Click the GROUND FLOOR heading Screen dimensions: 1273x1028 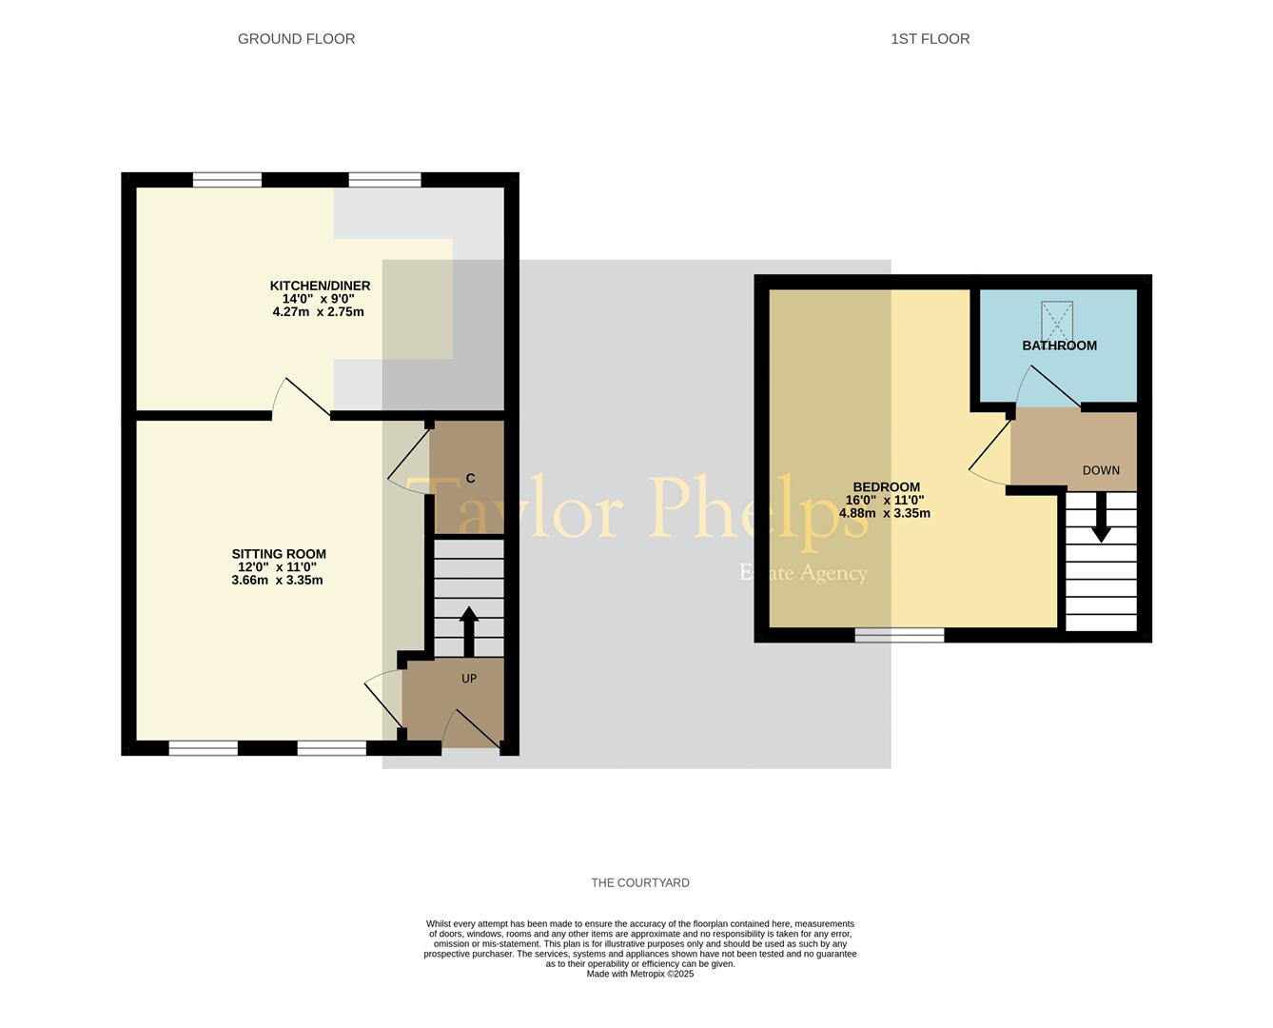(296, 39)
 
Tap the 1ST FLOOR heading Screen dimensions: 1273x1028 (930, 39)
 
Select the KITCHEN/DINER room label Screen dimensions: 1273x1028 (320, 286)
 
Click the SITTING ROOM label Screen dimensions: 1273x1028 (279, 554)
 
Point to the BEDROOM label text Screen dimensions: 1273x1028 (887, 487)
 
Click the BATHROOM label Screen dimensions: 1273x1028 (1059, 346)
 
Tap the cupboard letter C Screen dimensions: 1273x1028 (470, 479)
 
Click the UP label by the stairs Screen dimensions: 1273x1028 (469, 678)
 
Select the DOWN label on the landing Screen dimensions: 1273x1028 (1101, 470)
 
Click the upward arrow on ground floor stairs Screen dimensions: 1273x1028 (469, 631)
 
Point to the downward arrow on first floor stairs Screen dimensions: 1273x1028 (1101, 517)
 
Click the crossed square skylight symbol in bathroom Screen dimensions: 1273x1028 (1057, 321)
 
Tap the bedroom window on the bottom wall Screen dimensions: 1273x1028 (899, 635)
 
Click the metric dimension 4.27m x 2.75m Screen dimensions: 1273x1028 (318, 312)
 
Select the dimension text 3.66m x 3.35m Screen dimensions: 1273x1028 (277, 581)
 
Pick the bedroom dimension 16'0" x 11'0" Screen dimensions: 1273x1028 (885, 501)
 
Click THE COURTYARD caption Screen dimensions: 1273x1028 (640, 882)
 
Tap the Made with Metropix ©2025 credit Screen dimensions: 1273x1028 (640, 974)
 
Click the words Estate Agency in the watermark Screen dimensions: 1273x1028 (803, 573)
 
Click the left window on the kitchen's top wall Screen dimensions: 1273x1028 (227, 179)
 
